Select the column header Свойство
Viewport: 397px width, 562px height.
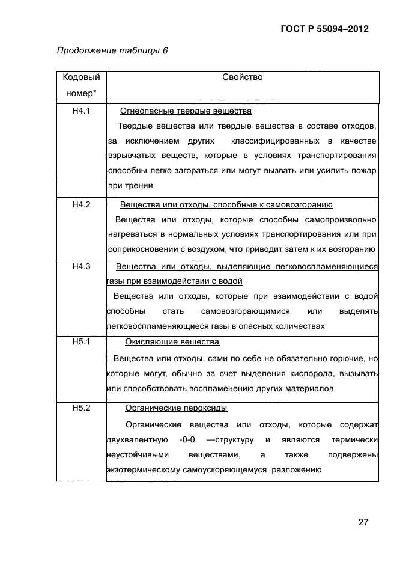[x=242, y=78]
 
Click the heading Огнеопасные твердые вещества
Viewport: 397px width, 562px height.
[x=186, y=111]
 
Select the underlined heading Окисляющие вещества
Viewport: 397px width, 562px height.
[x=172, y=342]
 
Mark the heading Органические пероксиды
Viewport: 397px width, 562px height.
[x=175, y=409]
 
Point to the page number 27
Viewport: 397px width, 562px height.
[x=363, y=522]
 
